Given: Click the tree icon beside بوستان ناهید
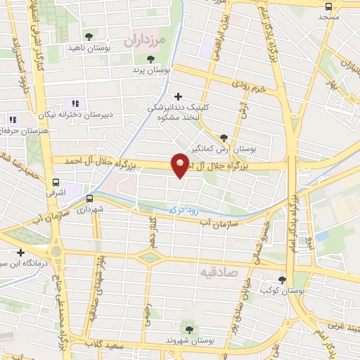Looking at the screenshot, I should tap(88, 35).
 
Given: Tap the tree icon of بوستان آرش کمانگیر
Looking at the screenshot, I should tap(224, 138).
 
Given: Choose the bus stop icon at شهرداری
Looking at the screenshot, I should tap(89, 198).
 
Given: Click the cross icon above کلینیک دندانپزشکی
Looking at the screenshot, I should tap(179, 96).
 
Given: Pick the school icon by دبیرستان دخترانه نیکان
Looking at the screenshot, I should tap(75, 104).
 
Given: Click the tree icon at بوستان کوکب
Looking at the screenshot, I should tap(283, 279).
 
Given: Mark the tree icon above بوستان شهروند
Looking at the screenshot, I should tap(188, 328).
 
